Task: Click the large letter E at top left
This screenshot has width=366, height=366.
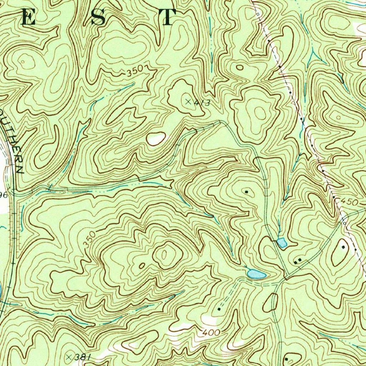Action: (29, 18)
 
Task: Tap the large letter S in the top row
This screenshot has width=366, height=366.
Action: (98, 18)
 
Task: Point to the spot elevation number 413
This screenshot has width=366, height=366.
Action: (202, 103)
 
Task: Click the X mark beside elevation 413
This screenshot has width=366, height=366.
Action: (188, 102)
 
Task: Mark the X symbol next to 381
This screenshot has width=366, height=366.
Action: (70, 356)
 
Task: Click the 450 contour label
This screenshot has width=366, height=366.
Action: (349, 202)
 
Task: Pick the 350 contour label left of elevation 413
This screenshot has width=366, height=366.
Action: (135, 71)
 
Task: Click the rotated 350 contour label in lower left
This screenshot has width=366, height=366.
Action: (90, 240)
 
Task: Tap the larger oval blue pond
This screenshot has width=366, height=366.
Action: (256, 274)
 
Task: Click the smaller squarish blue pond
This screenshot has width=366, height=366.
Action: (282, 243)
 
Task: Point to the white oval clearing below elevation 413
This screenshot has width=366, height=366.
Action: (156, 139)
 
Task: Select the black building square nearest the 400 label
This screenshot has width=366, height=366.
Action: (219, 309)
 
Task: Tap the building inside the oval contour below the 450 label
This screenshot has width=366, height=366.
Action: (344, 247)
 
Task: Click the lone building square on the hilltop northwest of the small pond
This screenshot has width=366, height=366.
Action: (247, 192)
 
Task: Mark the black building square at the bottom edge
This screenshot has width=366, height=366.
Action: (286, 358)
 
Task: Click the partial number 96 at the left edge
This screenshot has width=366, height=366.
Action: (4, 195)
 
